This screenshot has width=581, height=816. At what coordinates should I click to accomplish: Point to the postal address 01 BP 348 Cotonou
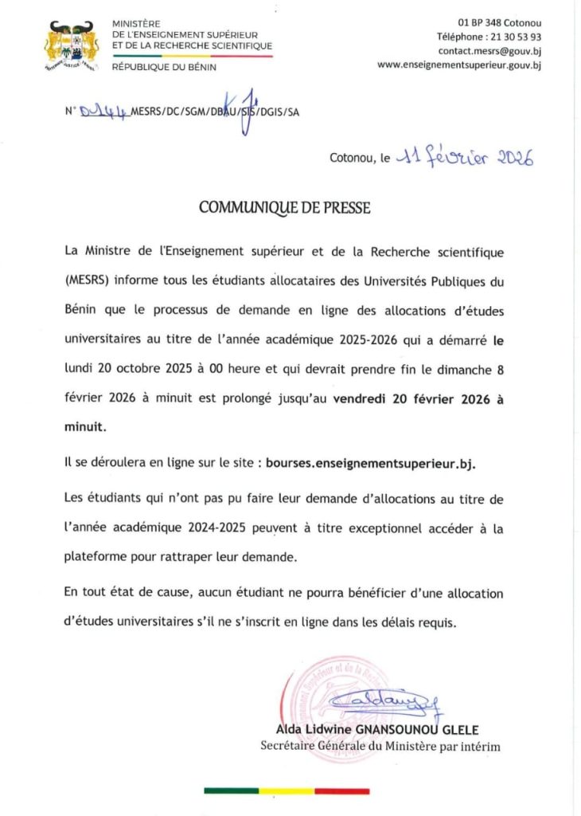click(499, 22)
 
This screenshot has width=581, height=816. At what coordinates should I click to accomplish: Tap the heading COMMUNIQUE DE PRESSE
click(284, 208)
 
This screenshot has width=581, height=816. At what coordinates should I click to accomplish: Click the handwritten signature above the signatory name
click(386, 700)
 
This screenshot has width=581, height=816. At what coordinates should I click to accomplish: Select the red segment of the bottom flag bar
click(341, 791)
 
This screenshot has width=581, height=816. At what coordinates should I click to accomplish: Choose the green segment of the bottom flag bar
click(231, 791)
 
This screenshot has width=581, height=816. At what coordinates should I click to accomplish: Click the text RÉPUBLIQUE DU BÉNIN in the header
click(164, 67)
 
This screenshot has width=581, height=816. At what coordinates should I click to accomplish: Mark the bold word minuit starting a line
click(84, 427)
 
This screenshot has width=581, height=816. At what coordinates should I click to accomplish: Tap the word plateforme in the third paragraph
click(96, 557)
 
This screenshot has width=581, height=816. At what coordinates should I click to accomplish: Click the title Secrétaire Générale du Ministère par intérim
click(380, 746)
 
